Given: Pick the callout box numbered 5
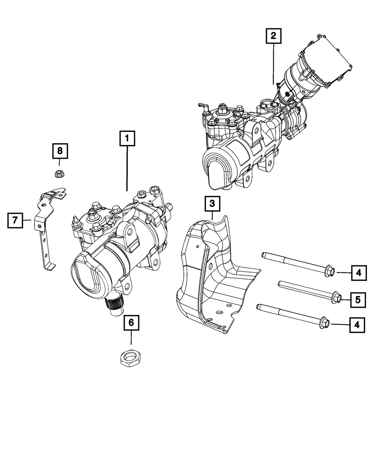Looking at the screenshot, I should [x=358, y=300].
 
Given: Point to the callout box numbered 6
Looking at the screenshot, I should [x=131, y=322].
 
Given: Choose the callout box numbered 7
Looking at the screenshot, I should [x=15, y=220].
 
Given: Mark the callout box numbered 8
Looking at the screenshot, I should [x=60, y=151].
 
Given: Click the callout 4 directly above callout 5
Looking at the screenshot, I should [x=359, y=272].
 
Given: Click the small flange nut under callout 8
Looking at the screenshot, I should [x=59, y=174].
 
